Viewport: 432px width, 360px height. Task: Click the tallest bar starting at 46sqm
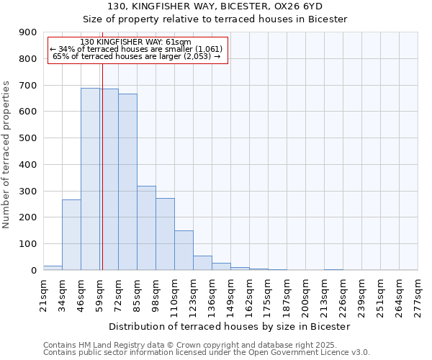click(x=90, y=179)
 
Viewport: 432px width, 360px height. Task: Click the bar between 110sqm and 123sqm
click(x=184, y=251)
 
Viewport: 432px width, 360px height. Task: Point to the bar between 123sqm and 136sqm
click(x=202, y=263)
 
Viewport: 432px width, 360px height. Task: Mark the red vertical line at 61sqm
click(x=102, y=180)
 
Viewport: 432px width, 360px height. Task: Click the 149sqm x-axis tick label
click(x=231, y=293)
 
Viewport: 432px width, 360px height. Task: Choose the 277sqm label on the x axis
click(x=418, y=293)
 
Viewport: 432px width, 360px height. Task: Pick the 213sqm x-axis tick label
click(x=325, y=293)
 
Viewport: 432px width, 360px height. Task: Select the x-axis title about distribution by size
click(x=230, y=326)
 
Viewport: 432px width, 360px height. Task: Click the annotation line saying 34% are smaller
click(x=137, y=49)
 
